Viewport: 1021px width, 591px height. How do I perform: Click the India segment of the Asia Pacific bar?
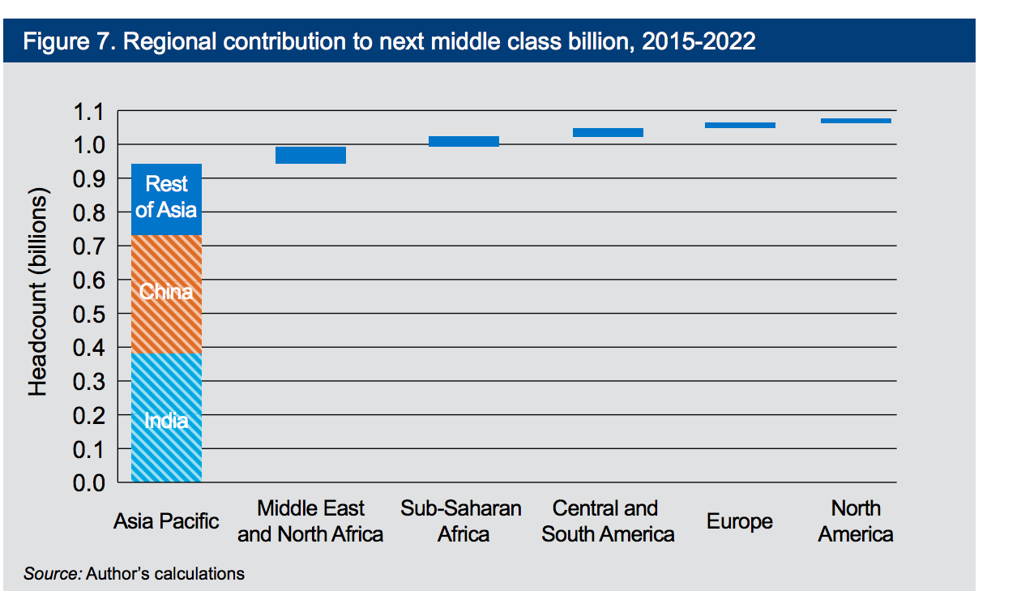tap(166, 418)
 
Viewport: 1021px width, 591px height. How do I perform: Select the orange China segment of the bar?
tap(166, 293)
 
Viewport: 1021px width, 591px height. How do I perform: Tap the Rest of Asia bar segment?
tap(166, 199)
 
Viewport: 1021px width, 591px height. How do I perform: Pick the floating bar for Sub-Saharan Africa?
tap(464, 141)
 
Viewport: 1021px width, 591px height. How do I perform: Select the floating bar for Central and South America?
tap(608, 132)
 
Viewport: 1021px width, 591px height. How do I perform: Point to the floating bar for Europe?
tap(740, 125)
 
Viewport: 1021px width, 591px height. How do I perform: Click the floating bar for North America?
tap(856, 120)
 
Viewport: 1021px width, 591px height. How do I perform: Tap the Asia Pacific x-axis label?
tap(166, 520)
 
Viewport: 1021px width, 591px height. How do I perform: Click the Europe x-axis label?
tap(739, 521)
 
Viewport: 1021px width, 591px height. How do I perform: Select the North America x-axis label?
tap(856, 521)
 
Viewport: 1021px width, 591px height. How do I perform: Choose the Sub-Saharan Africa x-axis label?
tap(461, 521)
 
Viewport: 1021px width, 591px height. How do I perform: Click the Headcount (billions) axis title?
tap(38, 292)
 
